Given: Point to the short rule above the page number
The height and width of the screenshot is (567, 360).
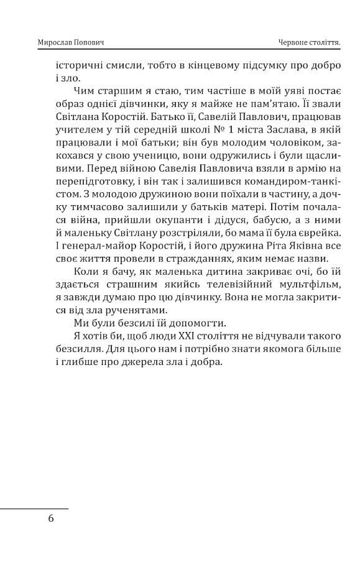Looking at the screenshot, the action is [34, 509].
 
